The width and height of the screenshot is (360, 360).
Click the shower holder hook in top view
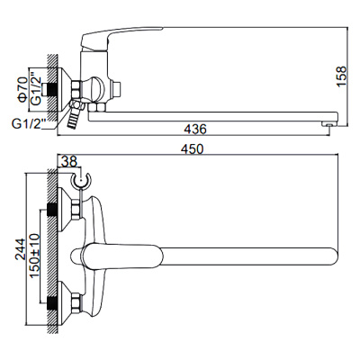point(84,184)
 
